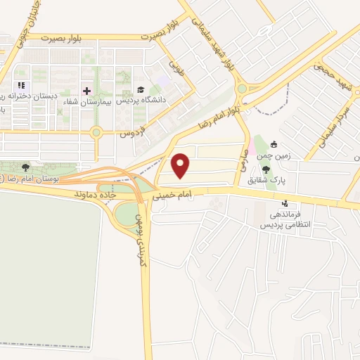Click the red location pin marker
[x=182, y=165]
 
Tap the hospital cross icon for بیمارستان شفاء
[x=86, y=91]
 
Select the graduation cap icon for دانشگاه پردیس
[x=140, y=91]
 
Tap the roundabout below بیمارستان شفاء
[x=96, y=131]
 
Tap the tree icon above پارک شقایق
[x=266, y=169]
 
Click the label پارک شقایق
[x=266, y=179]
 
